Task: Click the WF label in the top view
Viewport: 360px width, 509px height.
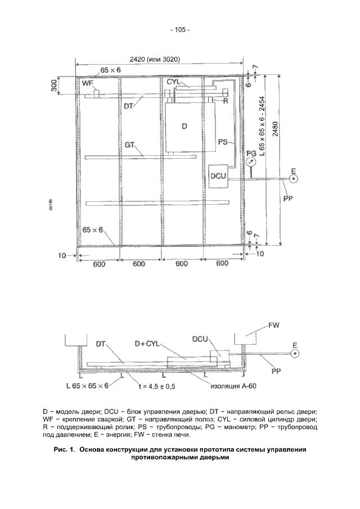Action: pyautogui.click(x=87, y=84)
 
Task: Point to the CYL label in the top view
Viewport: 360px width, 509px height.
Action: pyautogui.click(x=173, y=82)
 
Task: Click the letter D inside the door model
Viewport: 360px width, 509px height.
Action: pyautogui.click(x=184, y=126)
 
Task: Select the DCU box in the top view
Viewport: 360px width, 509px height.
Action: pyautogui.click(x=218, y=176)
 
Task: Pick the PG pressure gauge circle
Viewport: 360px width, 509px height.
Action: pyautogui.click(x=251, y=161)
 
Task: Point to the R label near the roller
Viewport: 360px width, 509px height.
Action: pyautogui.click(x=224, y=101)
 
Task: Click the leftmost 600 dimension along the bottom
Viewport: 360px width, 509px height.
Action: pyautogui.click(x=98, y=263)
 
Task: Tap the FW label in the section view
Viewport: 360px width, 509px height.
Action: pyautogui.click(x=274, y=326)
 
